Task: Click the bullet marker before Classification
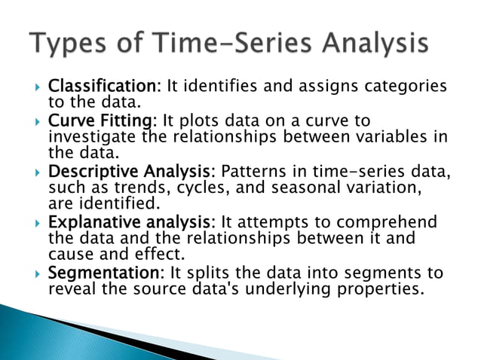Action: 36,87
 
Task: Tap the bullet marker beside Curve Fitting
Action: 36,122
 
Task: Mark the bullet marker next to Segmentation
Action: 36,273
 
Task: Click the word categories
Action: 407,86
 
